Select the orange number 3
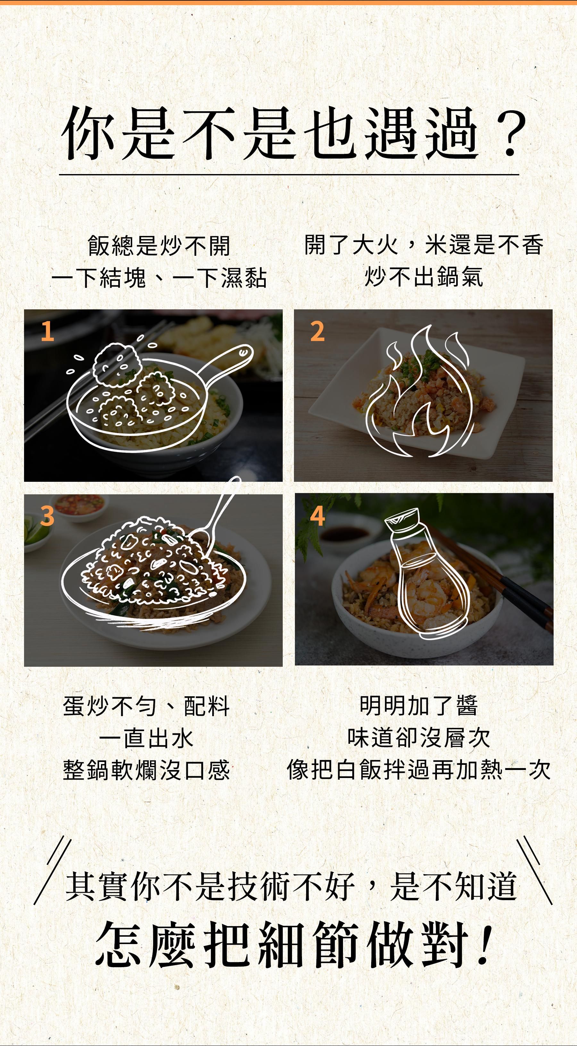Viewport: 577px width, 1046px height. click(47, 516)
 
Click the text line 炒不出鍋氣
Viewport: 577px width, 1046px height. click(424, 277)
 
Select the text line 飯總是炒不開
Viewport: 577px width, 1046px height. click(159, 246)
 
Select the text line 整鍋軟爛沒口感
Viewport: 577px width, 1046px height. click(146, 770)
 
